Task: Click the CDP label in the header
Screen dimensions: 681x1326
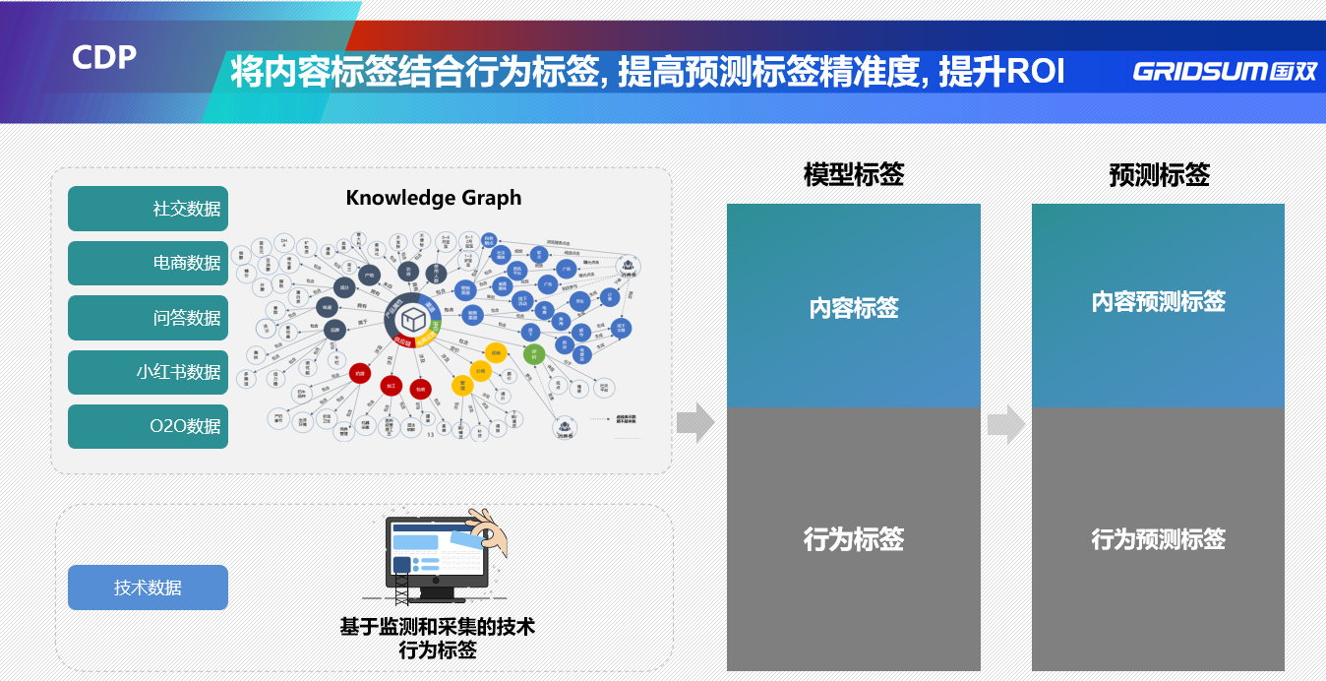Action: click(x=104, y=57)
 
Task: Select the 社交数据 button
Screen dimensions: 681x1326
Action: click(x=148, y=209)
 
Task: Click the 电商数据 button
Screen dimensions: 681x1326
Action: click(x=148, y=263)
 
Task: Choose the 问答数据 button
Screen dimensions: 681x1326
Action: click(x=148, y=318)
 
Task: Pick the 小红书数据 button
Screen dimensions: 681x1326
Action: click(x=148, y=372)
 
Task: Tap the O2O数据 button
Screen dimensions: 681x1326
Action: click(x=148, y=426)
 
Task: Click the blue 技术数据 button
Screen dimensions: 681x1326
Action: click(x=148, y=588)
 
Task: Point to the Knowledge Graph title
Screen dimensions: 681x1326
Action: click(x=434, y=198)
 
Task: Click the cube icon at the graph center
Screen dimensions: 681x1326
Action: click(x=412, y=318)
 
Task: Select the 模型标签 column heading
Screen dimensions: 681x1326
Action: click(x=853, y=175)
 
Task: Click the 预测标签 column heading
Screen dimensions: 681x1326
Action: click(x=1159, y=175)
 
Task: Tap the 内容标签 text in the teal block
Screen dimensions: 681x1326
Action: click(x=854, y=308)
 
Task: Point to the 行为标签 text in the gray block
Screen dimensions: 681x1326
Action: click(x=854, y=539)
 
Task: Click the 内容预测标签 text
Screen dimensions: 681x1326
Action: click(x=1159, y=301)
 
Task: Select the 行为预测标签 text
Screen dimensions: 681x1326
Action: click(x=1159, y=539)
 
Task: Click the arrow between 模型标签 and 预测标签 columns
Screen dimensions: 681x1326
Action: click(x=1006, y=424)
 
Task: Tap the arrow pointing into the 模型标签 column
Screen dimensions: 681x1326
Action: click(x=695, y=423)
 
